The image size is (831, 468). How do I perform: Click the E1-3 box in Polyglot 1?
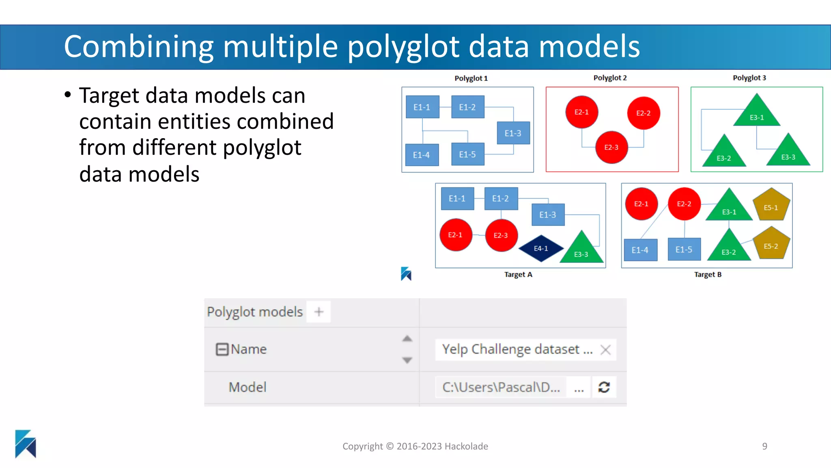click(513, 133)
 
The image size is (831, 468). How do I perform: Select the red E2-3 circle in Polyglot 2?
click(611, 147)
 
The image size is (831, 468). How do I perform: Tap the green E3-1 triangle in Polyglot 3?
click(757, 113)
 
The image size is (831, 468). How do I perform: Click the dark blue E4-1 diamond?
click(541, 248)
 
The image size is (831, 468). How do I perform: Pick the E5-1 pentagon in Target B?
click(771, 205)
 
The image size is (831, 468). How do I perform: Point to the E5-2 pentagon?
click(771, 244)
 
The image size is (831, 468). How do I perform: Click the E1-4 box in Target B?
click(640, 250)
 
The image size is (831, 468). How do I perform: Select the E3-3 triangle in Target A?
click(581, 250)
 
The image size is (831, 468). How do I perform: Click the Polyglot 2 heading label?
click(610, 78)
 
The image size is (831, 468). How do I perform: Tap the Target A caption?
click(518, 275)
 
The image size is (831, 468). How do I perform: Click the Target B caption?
click(708, 275)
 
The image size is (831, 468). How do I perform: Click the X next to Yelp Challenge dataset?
click(605, 350)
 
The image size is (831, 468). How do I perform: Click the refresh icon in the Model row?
click(604, 387)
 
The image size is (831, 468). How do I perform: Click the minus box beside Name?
click(222, 349)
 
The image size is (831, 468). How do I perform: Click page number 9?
click(764, 446)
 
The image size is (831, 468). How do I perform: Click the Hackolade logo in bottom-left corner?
click(26, 444)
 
